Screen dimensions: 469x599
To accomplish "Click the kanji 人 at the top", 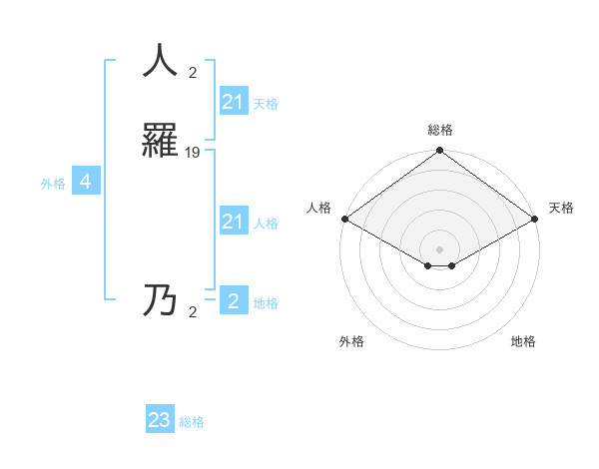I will click(x=160, y=61).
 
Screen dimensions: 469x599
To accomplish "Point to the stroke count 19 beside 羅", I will click(x=193, y=153).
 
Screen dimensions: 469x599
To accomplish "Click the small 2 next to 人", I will click(x=193, y=73).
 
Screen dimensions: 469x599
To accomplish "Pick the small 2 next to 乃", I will click(x=193, y=312).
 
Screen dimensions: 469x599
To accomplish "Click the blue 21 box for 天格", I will click(x=233, y=102).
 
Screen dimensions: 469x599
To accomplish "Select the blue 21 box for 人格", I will click(x=233, y=222).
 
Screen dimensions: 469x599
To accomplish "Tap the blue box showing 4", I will click(x=86, y=182).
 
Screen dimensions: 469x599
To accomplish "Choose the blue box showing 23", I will click(x=160, y=420).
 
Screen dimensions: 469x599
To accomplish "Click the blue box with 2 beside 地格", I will click(x=233, y=301).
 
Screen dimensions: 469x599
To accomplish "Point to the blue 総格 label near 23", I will click(x=192, y=422).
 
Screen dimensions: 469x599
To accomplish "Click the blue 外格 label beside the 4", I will click(x=53, y=184).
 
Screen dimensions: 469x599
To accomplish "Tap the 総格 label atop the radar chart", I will click(x=439, y=130).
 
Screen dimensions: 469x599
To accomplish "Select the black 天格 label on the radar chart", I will click(x=561, y=209).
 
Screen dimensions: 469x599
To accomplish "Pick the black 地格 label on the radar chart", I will click(x=523, y=341).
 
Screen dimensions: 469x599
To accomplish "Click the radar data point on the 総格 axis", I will click(x=439, y=152).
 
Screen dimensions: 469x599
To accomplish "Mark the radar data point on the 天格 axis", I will click(x=536, y=219).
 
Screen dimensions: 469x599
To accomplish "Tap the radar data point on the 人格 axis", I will click(x=343, y=219).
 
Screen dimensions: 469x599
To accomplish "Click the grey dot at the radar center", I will click(x=439, y=249).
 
